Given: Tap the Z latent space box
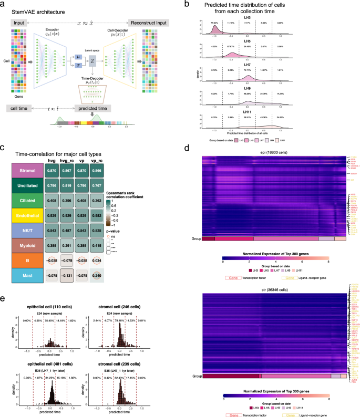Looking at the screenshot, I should tap(91, 61).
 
